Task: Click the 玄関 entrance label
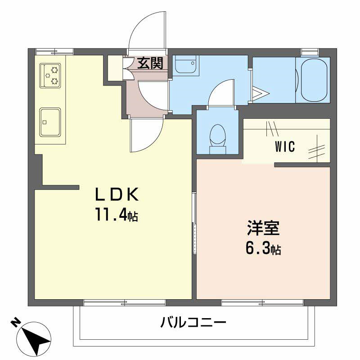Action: coord(150,63)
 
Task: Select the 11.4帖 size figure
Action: coord(116,216)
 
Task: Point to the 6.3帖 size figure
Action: coord(263,249)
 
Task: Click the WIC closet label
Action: coord(285,147)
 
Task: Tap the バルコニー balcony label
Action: coord(193,322)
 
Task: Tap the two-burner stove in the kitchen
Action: coord(50,76)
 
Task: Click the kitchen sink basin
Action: coord(50,121)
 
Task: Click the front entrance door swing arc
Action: coord(147,29)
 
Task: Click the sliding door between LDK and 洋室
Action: coord(194,223)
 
